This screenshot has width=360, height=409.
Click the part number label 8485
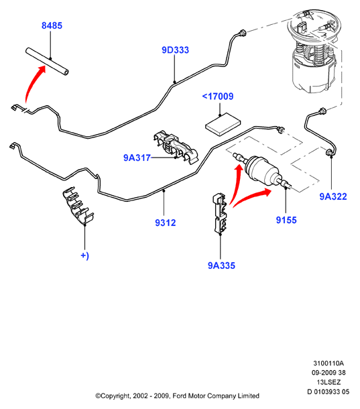click(x=52, y=25)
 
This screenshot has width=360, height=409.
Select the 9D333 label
click(x=175, y=50)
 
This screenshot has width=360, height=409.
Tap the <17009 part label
click(x=218, y=97)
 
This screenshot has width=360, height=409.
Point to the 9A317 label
click(x=137, y=158)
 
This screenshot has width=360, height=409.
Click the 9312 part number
click(x=166, y=223)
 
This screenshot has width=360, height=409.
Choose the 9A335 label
click(x=221, y=266)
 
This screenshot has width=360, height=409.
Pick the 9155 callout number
click(x=286, y=220)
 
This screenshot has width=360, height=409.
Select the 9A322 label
click(x=333, y=196)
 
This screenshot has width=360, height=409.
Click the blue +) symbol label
click(x=84, y=255)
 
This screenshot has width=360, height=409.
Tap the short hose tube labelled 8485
click(x=47, y=62)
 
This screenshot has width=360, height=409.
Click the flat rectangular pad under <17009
click(x=223, y=124)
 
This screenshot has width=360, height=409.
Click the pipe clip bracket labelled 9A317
click(x=175, y=148)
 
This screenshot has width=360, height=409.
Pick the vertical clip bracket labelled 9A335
click(x=221, y=213)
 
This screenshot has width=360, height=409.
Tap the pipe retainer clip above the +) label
click(x=78, y=205)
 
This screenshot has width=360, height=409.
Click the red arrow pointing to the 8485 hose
click(x=32, y=82)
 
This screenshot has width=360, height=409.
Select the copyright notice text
click(x=177, y=396)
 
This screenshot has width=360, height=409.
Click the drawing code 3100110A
click(x=328, y=363)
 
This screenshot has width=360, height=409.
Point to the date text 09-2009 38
click(x=328, y=373)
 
